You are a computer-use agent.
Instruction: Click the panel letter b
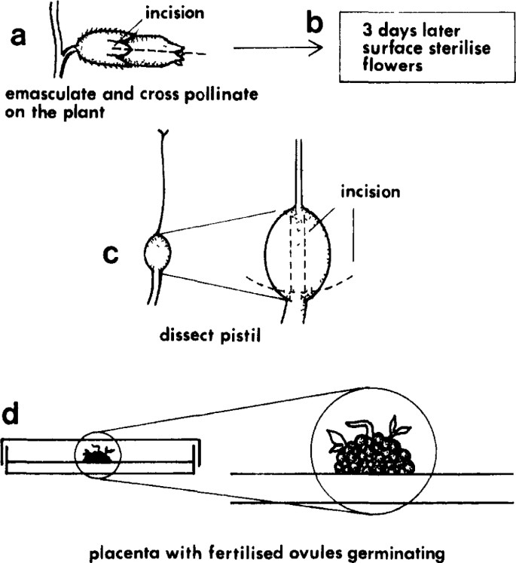point(315,24)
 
